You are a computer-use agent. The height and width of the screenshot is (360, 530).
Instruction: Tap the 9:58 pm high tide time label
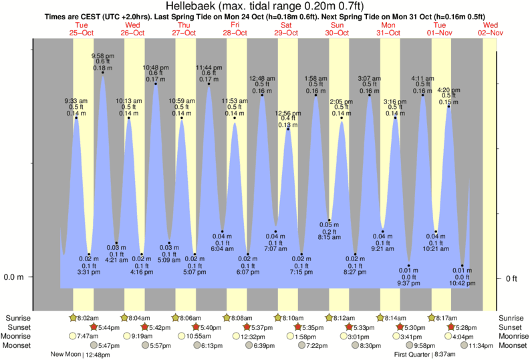click(102, 55)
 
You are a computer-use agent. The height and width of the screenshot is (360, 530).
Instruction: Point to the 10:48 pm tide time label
click(156, 67)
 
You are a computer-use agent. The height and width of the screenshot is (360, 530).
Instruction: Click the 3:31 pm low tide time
click(89, 272)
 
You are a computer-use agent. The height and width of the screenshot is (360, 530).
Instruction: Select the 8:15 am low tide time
click(329, 237)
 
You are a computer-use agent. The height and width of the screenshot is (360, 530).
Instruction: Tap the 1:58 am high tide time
click(315, 79)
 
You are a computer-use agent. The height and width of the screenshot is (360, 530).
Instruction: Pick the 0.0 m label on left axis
click(15, 277)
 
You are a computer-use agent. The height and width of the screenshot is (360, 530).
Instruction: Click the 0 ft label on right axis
click(511, 278)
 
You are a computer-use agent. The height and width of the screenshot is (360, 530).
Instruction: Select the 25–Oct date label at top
click(82, 32)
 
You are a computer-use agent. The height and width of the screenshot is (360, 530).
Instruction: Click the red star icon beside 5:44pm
click(94, 327)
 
